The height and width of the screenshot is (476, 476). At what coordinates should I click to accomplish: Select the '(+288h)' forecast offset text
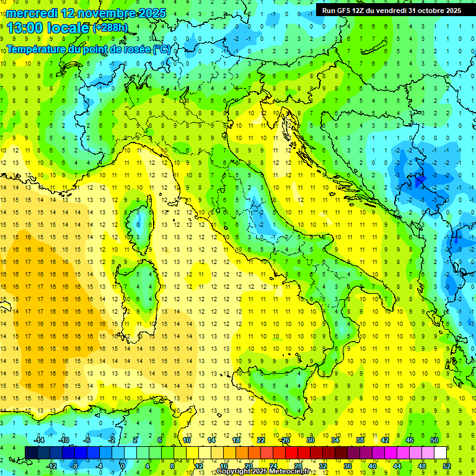point(110,28)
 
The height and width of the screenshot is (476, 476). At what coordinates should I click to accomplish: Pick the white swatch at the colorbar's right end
point(441,453)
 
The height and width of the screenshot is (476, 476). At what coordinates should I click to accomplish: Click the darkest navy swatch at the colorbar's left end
point(32,453)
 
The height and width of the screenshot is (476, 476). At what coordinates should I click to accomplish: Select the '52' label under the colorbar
point(447,466)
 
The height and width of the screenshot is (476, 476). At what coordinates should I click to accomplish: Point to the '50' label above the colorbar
point(434,440)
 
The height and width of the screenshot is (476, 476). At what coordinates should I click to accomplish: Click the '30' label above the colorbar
point(311,440)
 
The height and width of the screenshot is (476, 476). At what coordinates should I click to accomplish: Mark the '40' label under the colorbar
point(372,466)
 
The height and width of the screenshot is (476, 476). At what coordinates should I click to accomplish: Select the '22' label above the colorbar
point(261,440)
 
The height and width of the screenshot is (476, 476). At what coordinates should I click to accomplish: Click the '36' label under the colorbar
point(348,466)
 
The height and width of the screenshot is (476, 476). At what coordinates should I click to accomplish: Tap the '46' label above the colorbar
point(410,440)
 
